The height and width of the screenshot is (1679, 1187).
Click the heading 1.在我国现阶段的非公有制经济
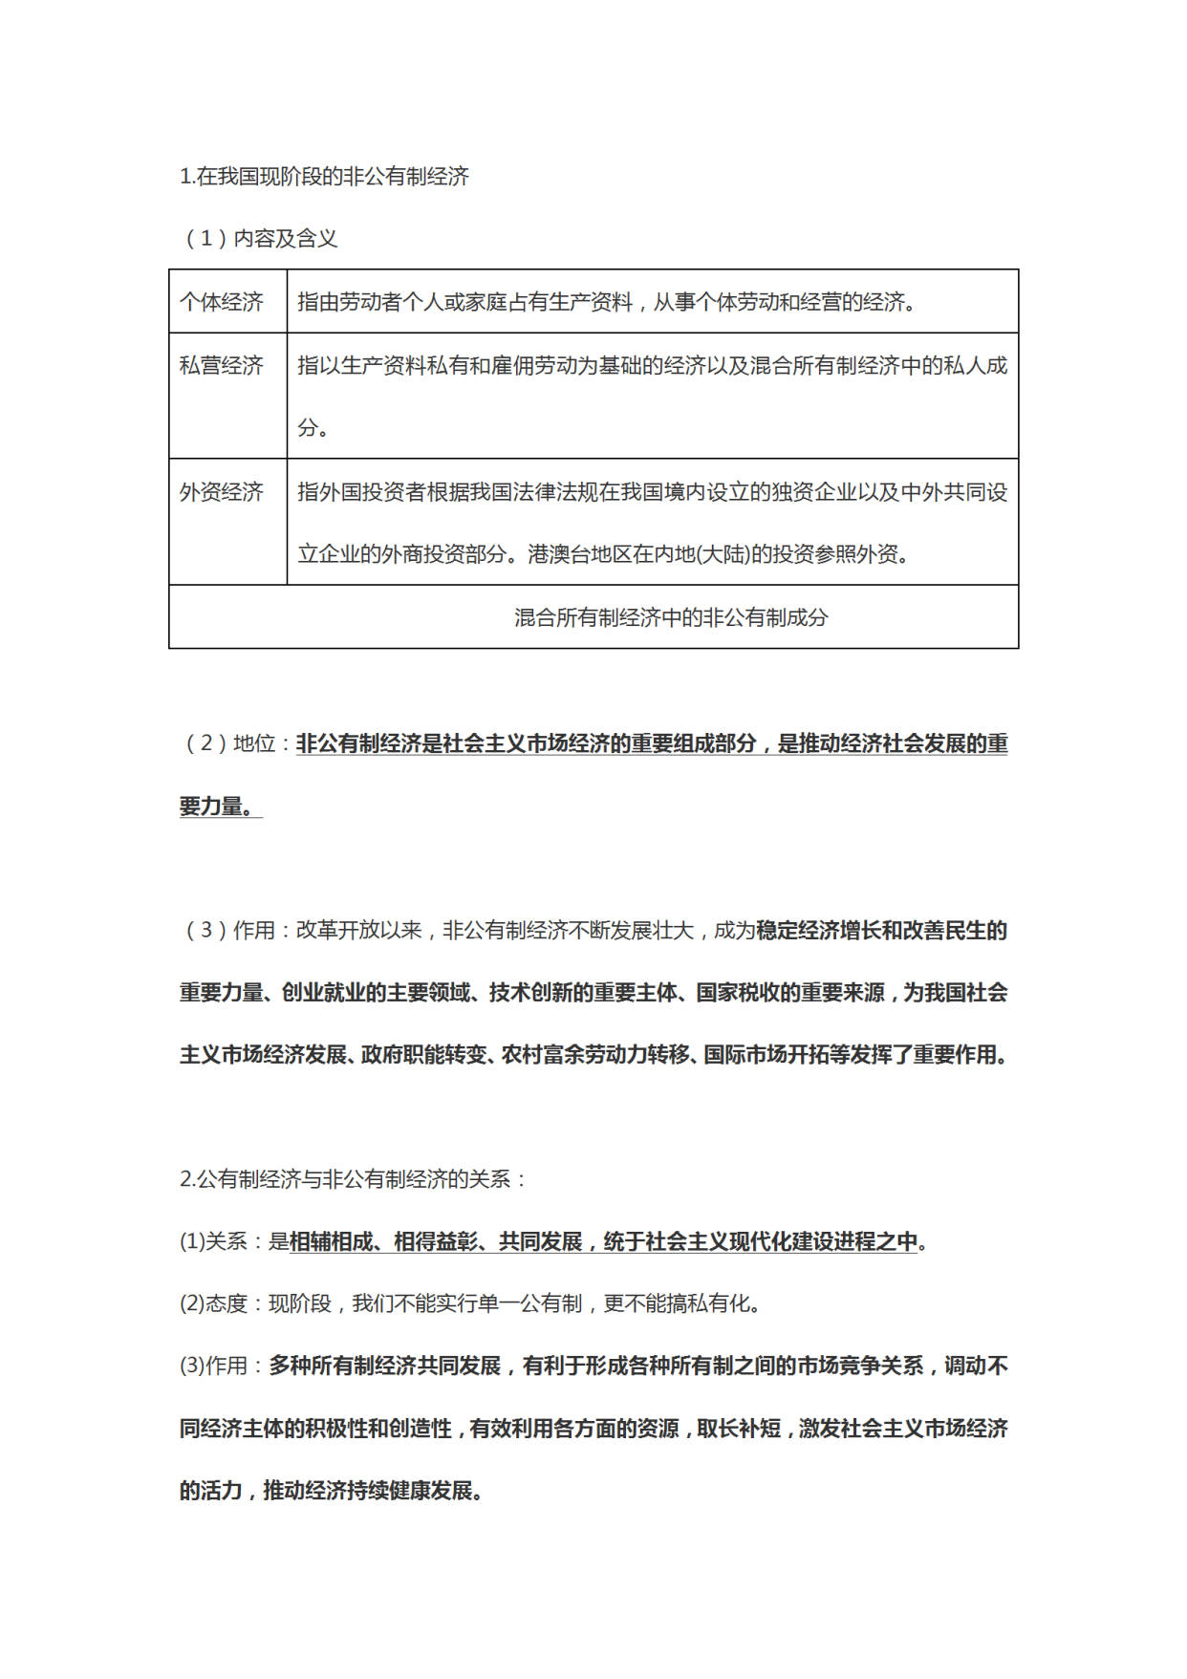(324, 177)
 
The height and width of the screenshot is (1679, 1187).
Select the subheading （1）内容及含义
(260, 239)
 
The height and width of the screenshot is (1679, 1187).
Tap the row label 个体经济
(222, 302)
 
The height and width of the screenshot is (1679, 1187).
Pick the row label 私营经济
(222, 365)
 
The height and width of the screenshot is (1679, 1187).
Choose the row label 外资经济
(222, 492)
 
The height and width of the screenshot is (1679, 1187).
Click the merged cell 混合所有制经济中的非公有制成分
(670, 617)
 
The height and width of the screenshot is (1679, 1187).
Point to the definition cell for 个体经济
(607, 302)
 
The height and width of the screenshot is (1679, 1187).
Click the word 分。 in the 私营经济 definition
(313, 427)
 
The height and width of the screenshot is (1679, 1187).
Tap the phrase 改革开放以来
(358, 931)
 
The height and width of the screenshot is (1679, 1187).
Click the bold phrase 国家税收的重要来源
(789, 993)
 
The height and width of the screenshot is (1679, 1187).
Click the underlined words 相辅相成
(331, 1241)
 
